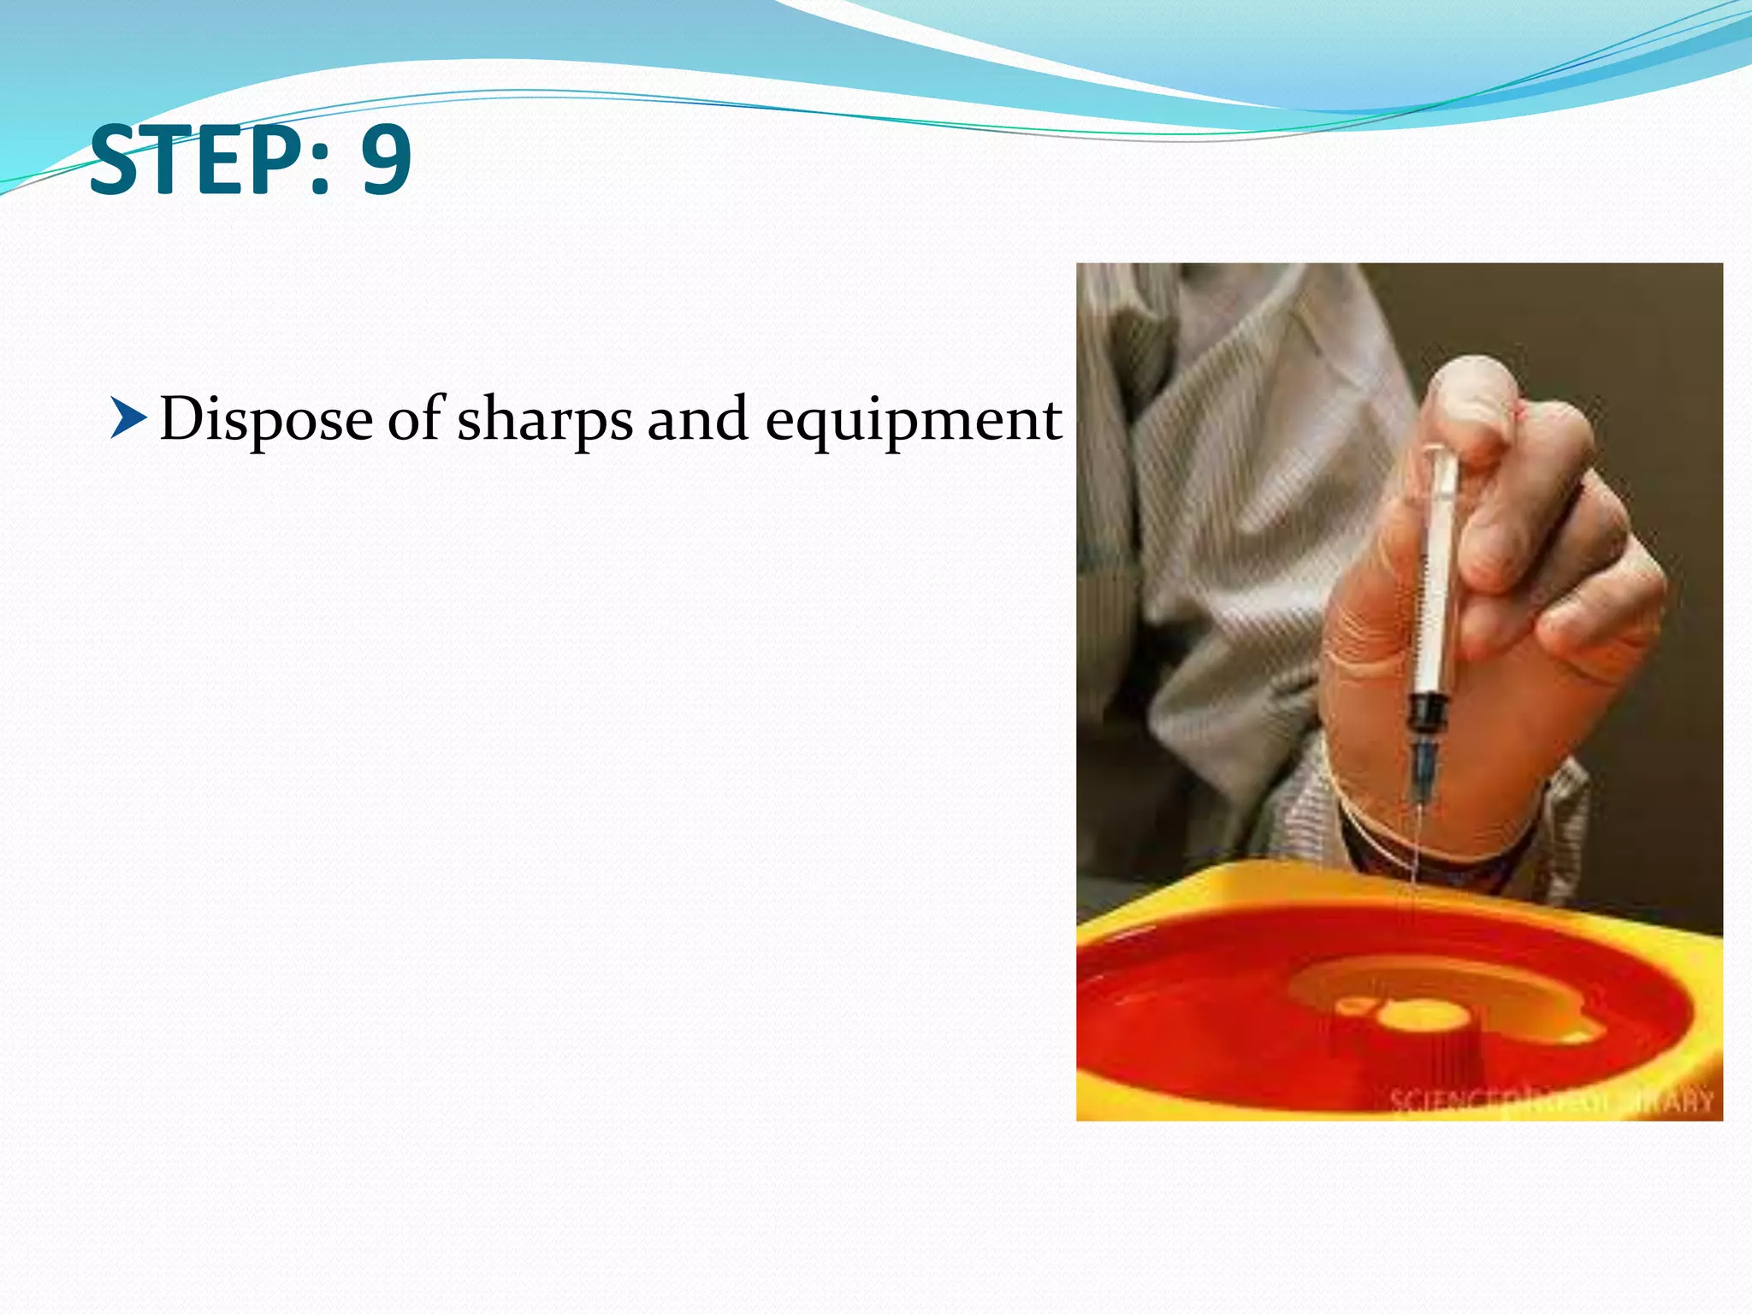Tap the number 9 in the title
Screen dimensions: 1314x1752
[x=386, y=160]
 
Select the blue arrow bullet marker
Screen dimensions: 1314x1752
[x=128, y=419]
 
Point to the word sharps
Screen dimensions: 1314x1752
[x=544, y=421]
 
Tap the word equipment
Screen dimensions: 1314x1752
[x=913, y=421]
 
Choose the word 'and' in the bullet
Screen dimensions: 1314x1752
[x=697, y=419]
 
